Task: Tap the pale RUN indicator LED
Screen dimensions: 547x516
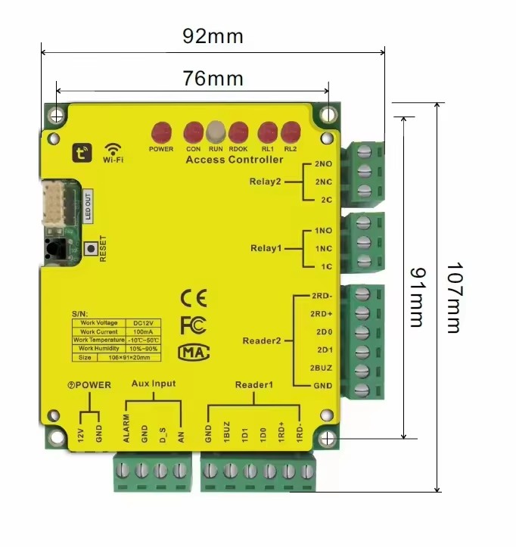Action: click(x=216, y=132)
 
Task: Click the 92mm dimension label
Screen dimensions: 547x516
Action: click(x=213, y=36)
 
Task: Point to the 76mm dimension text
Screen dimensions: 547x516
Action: click(x=213, y=78)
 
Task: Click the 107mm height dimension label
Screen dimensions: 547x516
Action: click(x=452, y=297)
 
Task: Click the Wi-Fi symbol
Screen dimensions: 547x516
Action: click(x=113, y=151)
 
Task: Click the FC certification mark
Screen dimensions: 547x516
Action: click(x=193, y=325)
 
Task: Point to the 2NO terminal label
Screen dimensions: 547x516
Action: click(x=322, y=164)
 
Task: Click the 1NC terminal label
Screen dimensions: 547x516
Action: click(x=322, y=248)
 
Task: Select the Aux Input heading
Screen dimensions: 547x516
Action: click(x=154, y=384)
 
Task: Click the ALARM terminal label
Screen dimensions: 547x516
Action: click(x=126, y=429)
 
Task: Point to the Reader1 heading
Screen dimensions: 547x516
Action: click(x=254, y=385)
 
